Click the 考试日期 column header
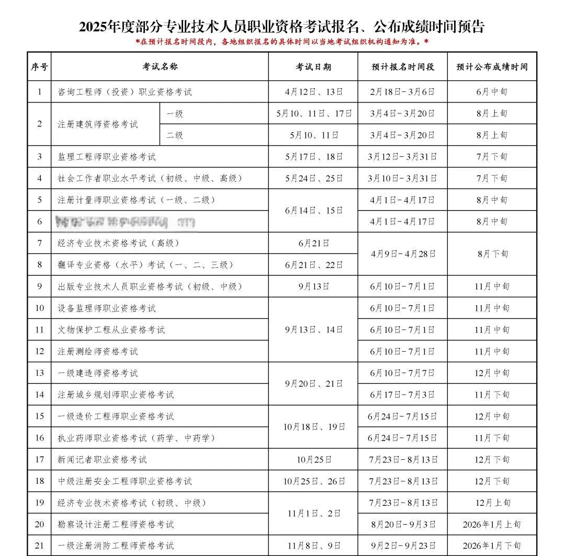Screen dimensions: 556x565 pyautogui.click(x=313, y=67)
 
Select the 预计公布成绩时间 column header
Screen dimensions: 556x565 pyautogui.click(x=492, y=67)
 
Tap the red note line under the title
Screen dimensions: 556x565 pyautogui.click(x=282, y=41)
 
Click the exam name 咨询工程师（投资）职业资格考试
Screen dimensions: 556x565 pyautogui.click(x=125, y=92)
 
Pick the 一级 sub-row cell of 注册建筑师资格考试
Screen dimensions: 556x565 pyautogui.click(x=175, y=113)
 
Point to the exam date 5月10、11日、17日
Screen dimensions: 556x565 pyautogui.click(x=314, y=113)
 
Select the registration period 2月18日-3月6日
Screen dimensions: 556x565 pyautogui.click(x=402, y=92)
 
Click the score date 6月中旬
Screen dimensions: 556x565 pyautogui.click(x=492, y=92)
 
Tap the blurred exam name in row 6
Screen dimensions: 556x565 pyautogui.click(x=126, y=222)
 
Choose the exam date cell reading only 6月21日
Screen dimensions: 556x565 pyautogui.click(x=313, y=243)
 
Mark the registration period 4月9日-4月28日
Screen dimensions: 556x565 pyautogui.click(x=402, y=254)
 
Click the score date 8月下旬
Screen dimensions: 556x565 pyautogui.click(x=492, y=254)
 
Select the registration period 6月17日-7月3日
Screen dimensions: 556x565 pyautogui.click(x=402, y=395)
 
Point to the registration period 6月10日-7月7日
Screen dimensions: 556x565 pyautogui.click(x=402, y=373)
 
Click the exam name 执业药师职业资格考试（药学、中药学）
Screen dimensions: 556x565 pyautogui.click(x=137, y=438)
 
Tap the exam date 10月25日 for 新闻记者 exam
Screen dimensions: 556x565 pyautogui.click(x=314, y=460)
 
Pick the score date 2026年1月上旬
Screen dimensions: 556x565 pyautogui.click(x=492, y=524)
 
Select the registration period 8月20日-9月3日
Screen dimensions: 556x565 pyautogui.click(x=402, y=524)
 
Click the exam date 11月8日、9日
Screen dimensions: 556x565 pyautogui.click(x=314, y=546)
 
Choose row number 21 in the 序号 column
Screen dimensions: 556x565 pyautogui.click(x=39, y=546)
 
